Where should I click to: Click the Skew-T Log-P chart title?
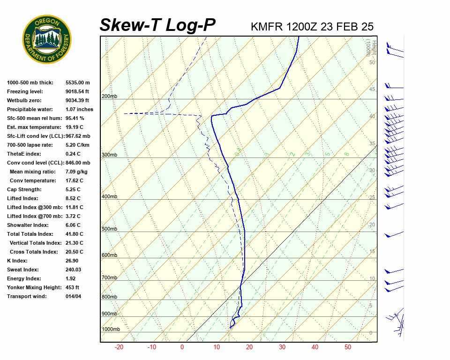[x=157, y=25]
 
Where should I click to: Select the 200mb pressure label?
[x=109, y=97]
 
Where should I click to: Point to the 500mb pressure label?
[x=109, y=229]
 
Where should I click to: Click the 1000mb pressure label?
[x=111, y=329]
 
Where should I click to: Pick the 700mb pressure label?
[x=109, y=277]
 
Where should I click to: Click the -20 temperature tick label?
[x=119, y=347]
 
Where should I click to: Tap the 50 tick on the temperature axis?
[x=348, y=347]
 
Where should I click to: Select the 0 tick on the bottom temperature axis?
[x=182, y=347]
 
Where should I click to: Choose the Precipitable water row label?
[x=29, y=109]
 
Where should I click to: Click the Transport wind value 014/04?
[x=74, y=296]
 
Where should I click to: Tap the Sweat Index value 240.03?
[x=74, y=270]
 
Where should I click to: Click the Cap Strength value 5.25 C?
[x=73, y=189]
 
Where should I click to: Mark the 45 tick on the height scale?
[x=372, y=90]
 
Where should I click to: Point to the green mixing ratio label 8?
[x=346, y=154]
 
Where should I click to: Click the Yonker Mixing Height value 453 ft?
[x=72, y=287]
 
